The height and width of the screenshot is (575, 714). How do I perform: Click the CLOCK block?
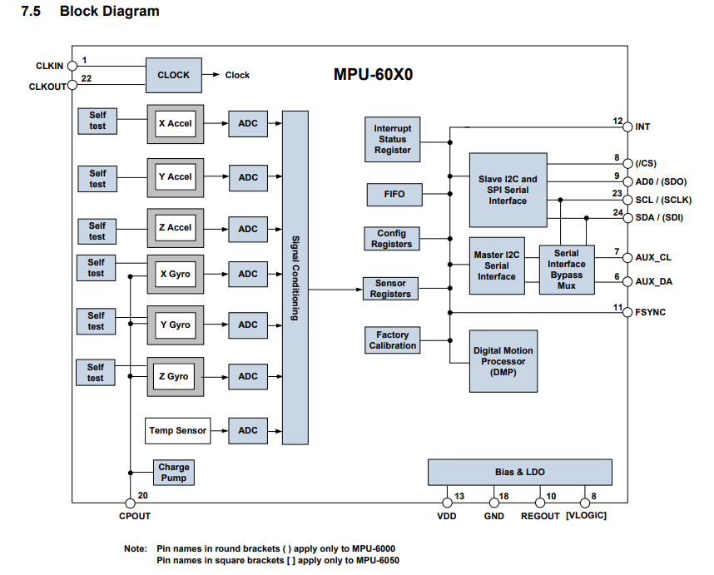[173, 75]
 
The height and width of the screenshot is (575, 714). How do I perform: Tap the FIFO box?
[394, 195]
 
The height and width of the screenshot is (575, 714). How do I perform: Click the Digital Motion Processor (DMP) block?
[503, 362]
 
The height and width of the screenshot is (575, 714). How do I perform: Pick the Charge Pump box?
[174, 473]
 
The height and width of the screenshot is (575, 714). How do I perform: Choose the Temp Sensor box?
[177, 431]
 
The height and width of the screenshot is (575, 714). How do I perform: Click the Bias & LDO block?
[520, 472]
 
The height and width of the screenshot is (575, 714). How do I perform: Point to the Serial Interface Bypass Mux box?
[567, 270]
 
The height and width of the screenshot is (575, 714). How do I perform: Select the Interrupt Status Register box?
[392, 139]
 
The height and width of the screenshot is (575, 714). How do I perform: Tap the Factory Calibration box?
[392, 340]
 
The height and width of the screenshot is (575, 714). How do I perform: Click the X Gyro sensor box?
[175, 274]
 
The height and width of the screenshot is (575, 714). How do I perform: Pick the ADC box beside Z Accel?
[248, 229]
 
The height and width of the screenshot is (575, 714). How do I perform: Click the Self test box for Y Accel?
[98, 178]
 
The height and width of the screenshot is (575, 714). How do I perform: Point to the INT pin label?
[642, 127]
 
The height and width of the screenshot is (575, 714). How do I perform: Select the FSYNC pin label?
[650, 313]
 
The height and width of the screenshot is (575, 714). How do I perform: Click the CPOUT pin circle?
[130, 503]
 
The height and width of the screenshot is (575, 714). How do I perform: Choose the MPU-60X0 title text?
[374, 74]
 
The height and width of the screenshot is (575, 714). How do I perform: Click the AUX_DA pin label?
[653, 282]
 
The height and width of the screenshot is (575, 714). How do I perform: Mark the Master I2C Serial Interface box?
[497, 265]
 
